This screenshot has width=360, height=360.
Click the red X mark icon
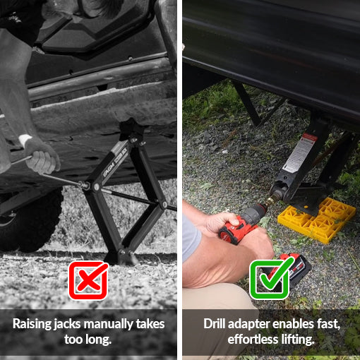click(x=88, y=280)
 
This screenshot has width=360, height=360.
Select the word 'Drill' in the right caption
click(x=215, y=324)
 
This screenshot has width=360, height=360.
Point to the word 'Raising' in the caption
click(x=32, y=325)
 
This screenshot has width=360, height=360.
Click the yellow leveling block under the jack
click(x=316, y=220)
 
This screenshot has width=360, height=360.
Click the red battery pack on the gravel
click(x=294, y=270)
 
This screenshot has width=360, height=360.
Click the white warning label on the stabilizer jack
click(x=299, y=153)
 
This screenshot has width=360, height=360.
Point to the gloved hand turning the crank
click(x=42, y=157)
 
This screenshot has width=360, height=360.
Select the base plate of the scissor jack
click(x=120, y=257)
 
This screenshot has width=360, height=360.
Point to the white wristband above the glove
click(x=24, y=139)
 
